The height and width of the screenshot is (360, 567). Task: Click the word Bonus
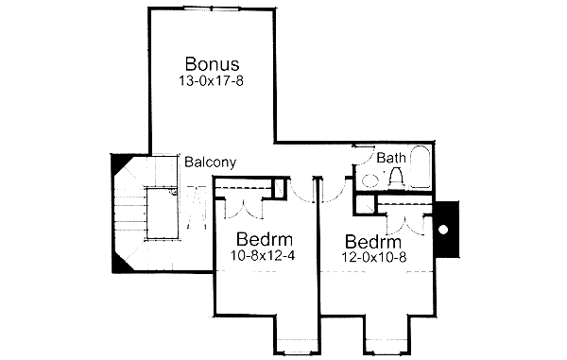click(x=212, y=64)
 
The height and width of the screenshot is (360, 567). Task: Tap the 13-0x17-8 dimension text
click(x=212, y=82)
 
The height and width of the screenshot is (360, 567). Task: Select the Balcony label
click(x=210, y=162)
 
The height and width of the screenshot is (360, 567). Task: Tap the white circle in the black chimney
click(x=443, y=230)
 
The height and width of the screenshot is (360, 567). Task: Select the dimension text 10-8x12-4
click(x=262, y=254)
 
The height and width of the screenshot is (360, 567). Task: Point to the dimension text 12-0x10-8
click(x=370, y=256)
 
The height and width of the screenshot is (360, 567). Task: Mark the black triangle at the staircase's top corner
click(x=122, y=167)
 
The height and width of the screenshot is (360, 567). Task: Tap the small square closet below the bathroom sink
click(x=364, y=203)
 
